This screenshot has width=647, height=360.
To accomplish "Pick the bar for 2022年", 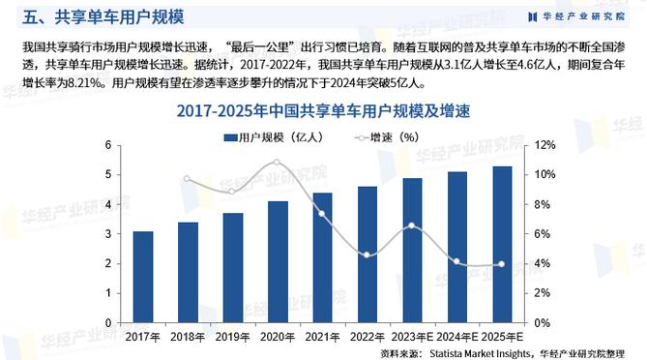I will [368, 255].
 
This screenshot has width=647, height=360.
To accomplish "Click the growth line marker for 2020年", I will [278, 163].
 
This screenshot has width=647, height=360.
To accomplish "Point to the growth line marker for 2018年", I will [188, 178].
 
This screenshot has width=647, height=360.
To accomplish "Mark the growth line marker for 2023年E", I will [412, 225].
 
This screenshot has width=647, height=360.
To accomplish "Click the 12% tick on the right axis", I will [544, 145].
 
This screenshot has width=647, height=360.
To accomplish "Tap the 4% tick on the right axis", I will [543, 263].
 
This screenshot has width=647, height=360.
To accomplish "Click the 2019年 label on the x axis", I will [232, 336].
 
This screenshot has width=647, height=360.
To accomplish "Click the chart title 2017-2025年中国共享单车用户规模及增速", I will [323, 111].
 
